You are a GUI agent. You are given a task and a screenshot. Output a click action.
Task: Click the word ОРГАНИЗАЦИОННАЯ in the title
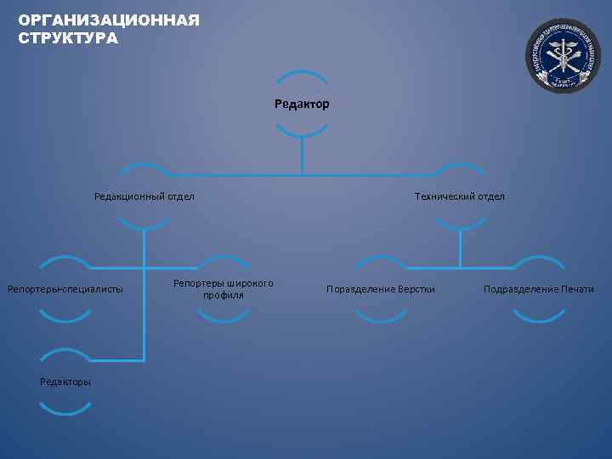(109, 20)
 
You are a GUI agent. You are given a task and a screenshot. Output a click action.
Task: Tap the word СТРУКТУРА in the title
(69, 38)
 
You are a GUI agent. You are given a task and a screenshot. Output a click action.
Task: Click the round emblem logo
(563, 54)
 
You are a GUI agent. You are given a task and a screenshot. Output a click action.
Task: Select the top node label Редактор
(302, 105)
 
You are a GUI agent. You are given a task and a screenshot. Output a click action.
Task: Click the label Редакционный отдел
(144, 196)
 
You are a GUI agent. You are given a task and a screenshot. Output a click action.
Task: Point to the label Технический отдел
(459, 196)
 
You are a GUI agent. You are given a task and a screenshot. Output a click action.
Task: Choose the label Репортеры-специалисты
(65, 290)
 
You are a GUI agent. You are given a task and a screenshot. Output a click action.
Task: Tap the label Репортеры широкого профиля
(224, 289)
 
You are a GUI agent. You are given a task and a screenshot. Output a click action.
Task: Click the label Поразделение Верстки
(381, 290)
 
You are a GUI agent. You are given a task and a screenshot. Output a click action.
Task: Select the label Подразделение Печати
(539, 290)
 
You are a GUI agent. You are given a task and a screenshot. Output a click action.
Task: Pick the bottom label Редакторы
(65, 382)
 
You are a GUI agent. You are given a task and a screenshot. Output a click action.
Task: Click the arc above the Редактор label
(302, 74)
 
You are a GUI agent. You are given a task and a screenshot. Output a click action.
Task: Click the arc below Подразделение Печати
(539, 318)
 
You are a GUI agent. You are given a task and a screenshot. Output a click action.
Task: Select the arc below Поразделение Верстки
(381, 318)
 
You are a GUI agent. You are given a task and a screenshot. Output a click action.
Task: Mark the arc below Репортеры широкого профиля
(224, 318)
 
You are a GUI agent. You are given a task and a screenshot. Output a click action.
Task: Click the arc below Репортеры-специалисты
(65, 318)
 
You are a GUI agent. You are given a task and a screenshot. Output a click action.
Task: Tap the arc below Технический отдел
(459, 225)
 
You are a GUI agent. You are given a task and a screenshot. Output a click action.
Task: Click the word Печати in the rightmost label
(578, 290)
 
